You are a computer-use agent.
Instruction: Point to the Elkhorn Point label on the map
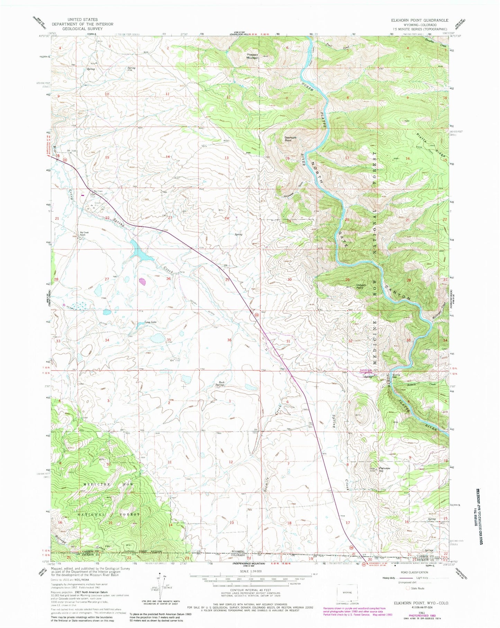point(361,287)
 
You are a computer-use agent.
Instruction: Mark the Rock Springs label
point(219,384)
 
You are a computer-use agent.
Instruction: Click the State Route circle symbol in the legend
point(409,588)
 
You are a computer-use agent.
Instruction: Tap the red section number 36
point(229,340)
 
